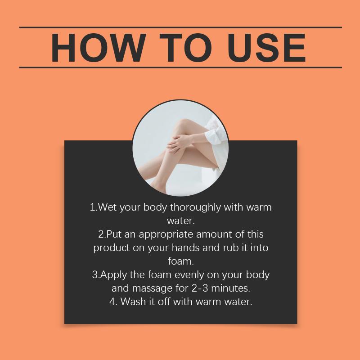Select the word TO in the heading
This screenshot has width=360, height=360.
click(185, 48)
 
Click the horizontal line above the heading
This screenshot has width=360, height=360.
click(180, 27)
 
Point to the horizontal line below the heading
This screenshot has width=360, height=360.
click(180, 67)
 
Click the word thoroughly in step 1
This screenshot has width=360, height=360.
click(195, 208)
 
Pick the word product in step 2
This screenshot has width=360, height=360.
click(112, 248)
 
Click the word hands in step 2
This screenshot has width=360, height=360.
click(186, 248)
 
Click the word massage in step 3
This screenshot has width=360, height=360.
click(153, 289)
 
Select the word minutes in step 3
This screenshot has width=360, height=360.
click(229, 288)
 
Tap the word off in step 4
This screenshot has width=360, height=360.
click(164, 301)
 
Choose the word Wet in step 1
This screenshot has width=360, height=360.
click(107, 207)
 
